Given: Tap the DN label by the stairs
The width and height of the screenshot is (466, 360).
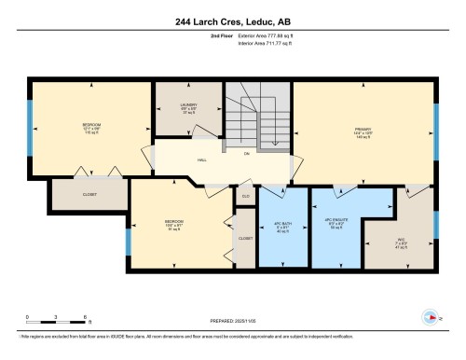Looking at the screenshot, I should [247, 153].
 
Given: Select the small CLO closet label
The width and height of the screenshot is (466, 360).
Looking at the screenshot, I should [246, 196].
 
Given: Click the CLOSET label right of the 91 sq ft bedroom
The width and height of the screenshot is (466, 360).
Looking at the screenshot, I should [245, 239].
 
